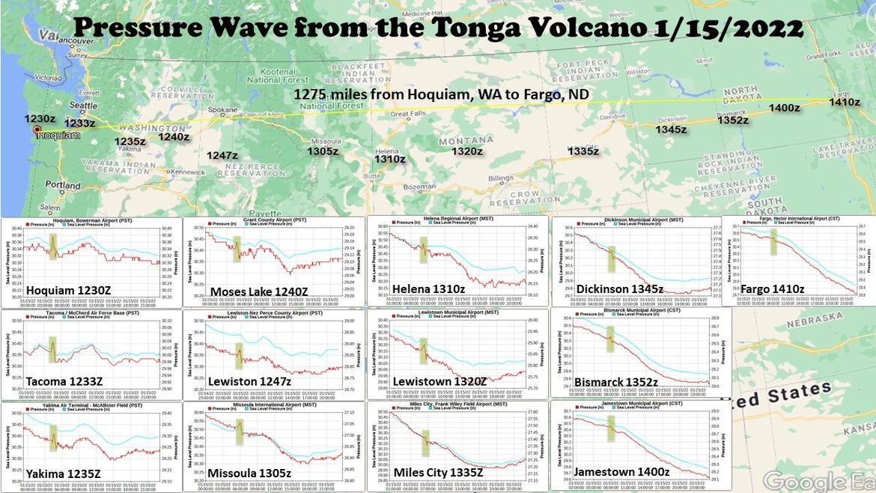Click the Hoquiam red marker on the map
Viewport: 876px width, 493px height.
tap(36, 130)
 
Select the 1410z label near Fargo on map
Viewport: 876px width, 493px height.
tap(844, 102)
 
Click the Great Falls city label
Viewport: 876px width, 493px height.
tap(408, 115)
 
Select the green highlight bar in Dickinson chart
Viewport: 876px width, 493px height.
tap(611, 258)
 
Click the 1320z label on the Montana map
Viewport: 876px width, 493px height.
tap(467, 151)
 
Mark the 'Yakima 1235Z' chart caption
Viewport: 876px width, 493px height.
tap(63, 473)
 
